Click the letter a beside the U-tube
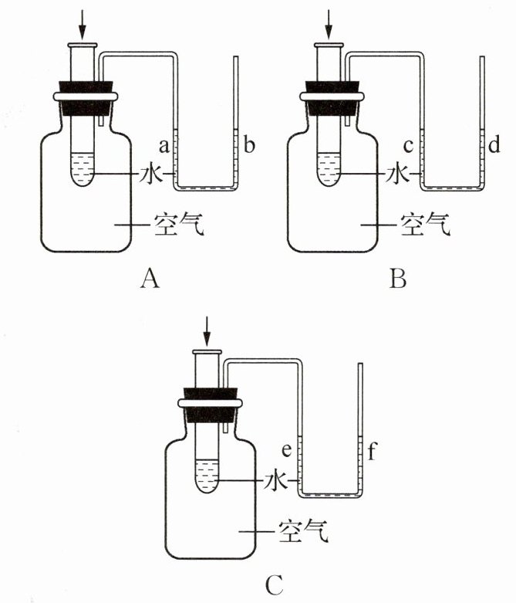coord(164,146)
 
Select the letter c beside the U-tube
coord(409,146)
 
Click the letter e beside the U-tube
coord(287,450)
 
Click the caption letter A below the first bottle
coord(150,278)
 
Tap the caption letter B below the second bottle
coord(398,278)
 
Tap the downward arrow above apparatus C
coord(207,331)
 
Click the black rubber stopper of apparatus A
coord(86,98)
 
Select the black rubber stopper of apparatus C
coord(210,405)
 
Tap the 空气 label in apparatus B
coord(425,224)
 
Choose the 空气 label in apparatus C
coord(304,531)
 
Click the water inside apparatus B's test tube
coord(329,169)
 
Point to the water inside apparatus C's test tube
coord(207,476)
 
